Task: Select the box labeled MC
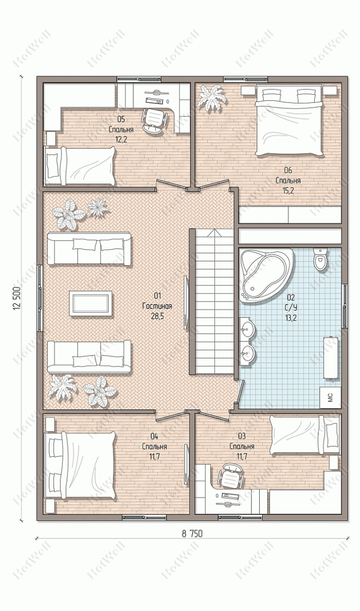click(x=330, y=398)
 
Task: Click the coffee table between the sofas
click(x=91, y=303)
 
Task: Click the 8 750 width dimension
click(x=192, y=534)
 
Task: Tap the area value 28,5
click(x=157, y=316)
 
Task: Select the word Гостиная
click(x=157, y=307)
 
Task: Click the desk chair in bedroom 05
click(x=155, y=120)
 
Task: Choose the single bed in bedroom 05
click(x=80, y=166)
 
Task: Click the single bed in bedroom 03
click(x=305, y=435)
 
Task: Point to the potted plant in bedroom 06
click(x=211, y=97)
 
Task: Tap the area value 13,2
click(x=290, y=317)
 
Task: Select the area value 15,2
click(x=288, y=190)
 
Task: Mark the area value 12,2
click(x=121, y=140)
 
